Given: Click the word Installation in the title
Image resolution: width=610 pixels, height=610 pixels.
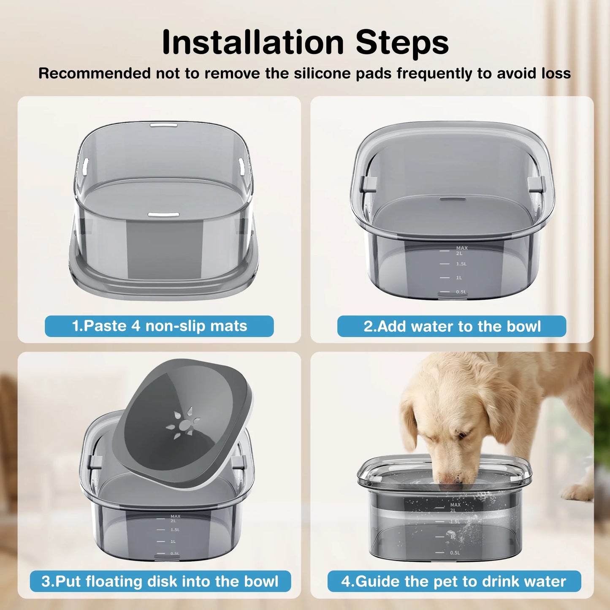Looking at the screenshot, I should click(x=253, y=42).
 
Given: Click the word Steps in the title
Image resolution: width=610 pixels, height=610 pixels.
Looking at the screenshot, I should click(x=402, y=42).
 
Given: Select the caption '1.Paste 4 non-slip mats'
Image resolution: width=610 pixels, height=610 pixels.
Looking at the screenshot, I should click(x=159, y=326).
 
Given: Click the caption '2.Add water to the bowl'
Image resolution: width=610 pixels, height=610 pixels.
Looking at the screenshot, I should click(x=452, y=326).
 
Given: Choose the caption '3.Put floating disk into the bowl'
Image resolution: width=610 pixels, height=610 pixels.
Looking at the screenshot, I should click(x=160, y=581).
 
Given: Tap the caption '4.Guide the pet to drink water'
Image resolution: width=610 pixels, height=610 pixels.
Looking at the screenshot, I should click(x=454, y=581).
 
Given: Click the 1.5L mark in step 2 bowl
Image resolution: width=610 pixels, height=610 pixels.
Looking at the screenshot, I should click(x=461, y=264).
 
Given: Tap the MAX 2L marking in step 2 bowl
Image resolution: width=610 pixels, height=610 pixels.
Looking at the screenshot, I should click(x=461, y=251).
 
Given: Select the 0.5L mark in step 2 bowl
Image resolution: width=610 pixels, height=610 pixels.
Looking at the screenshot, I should click(x=461, y=292).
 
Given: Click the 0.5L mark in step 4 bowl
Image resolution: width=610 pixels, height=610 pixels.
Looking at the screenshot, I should click(x=455, y=553).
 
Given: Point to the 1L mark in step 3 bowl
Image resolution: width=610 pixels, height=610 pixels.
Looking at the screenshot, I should click(x=173, y=542).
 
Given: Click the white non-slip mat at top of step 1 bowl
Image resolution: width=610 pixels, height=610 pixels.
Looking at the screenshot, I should click(x=163, y=125).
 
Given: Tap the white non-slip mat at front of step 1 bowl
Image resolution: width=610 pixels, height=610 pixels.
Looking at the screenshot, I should click(x=160, y=215).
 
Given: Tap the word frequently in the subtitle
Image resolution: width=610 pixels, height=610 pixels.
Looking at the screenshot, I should click(x=434, y=73).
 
